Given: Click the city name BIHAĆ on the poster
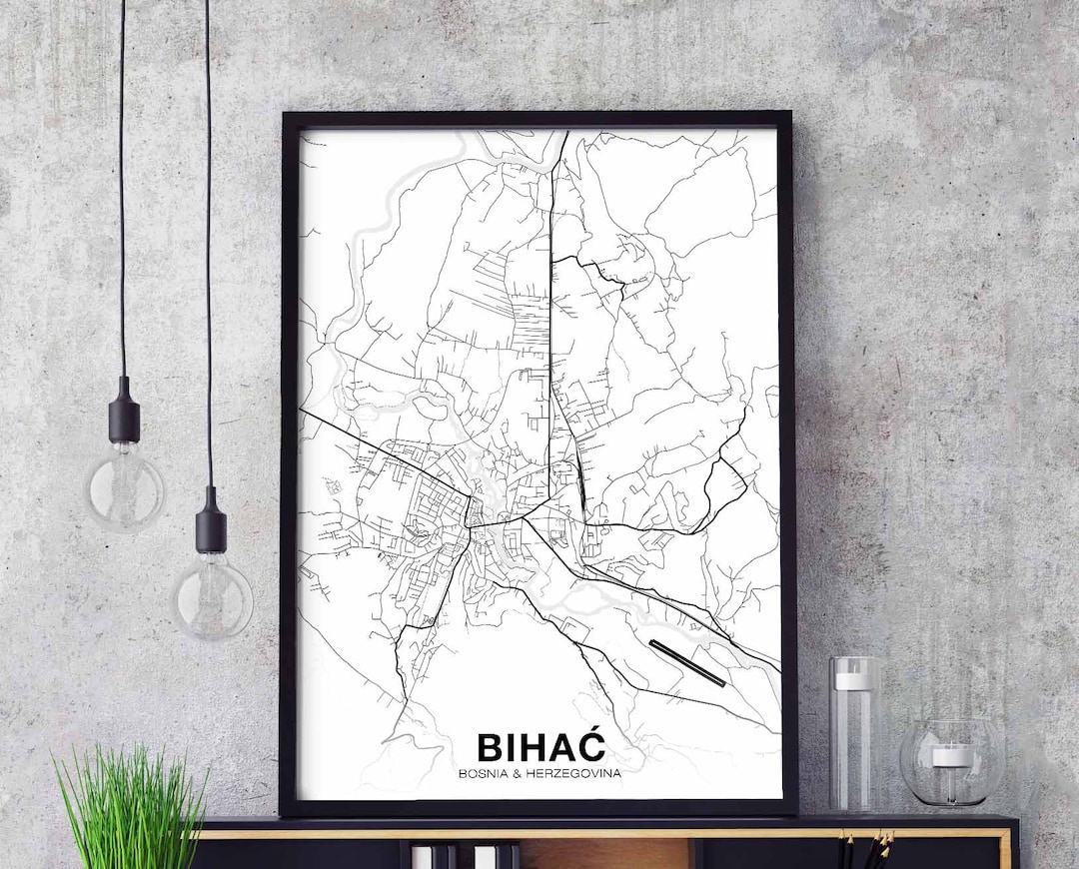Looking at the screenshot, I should click(x=540, y=747).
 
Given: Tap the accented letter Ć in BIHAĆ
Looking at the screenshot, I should click(x=590, y=745).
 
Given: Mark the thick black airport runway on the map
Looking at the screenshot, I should click(x=687, y=663).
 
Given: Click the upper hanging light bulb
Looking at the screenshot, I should click(x=125, y=489).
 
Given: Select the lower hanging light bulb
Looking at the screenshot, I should click(x=211, y=596).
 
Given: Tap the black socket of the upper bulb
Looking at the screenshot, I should click(x=124, y=412).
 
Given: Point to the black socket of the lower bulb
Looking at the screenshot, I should click(x=211, y=521).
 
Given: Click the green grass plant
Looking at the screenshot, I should click(x=130, y=809).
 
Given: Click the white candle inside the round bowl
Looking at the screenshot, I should click(x=951, y=755).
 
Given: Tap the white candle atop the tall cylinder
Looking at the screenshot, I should click(x=853, y=680).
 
